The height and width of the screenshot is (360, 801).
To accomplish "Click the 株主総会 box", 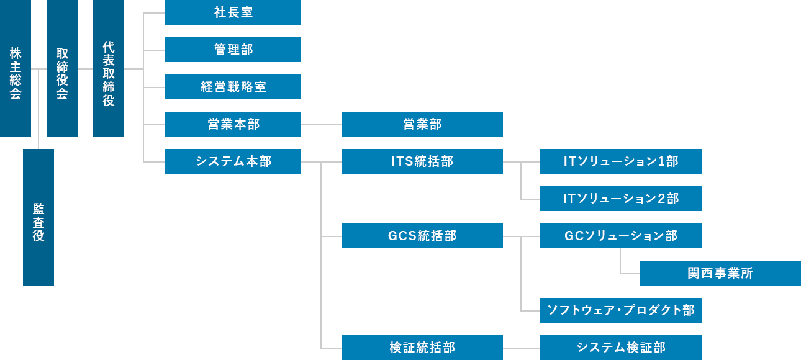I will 16,68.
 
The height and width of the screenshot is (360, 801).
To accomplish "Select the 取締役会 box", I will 62,68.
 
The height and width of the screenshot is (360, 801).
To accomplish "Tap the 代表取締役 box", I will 109,68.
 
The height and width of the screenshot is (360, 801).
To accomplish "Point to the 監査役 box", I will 38,217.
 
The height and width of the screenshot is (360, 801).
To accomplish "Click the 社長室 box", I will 233,12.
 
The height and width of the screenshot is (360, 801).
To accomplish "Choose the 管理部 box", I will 233,50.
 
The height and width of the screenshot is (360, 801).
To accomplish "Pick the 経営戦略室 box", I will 233,87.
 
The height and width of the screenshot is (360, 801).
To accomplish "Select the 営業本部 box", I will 233,124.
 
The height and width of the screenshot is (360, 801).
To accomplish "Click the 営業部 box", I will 422,124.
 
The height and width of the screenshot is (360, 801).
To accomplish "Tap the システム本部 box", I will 233,161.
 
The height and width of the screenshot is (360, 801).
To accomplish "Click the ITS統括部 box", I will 422,161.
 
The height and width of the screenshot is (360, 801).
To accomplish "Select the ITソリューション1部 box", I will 621,161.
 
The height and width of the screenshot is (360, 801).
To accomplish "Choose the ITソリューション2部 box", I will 621,199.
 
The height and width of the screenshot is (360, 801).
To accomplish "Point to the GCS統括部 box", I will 422,236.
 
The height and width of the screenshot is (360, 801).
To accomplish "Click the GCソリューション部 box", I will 621,236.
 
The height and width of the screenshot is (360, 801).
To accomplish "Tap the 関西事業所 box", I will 720,273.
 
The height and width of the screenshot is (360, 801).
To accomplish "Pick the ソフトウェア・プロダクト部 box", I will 621,310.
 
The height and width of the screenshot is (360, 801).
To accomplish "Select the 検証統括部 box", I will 422,348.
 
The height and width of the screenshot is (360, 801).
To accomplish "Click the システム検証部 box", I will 621,348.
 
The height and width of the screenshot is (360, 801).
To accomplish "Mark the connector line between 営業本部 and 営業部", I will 321,125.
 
